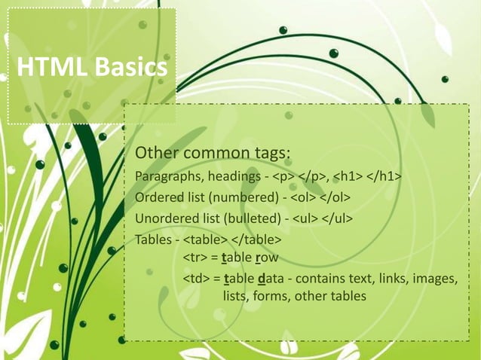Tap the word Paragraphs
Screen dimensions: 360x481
pyautogui.click(x=167, y=177)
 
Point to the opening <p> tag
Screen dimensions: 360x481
pyautogui.click(x=284, y=177)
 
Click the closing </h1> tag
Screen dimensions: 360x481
pyautogui.click(x=383, y=177)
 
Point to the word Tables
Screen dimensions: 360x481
pyautogui.click(x=152, y=240)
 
